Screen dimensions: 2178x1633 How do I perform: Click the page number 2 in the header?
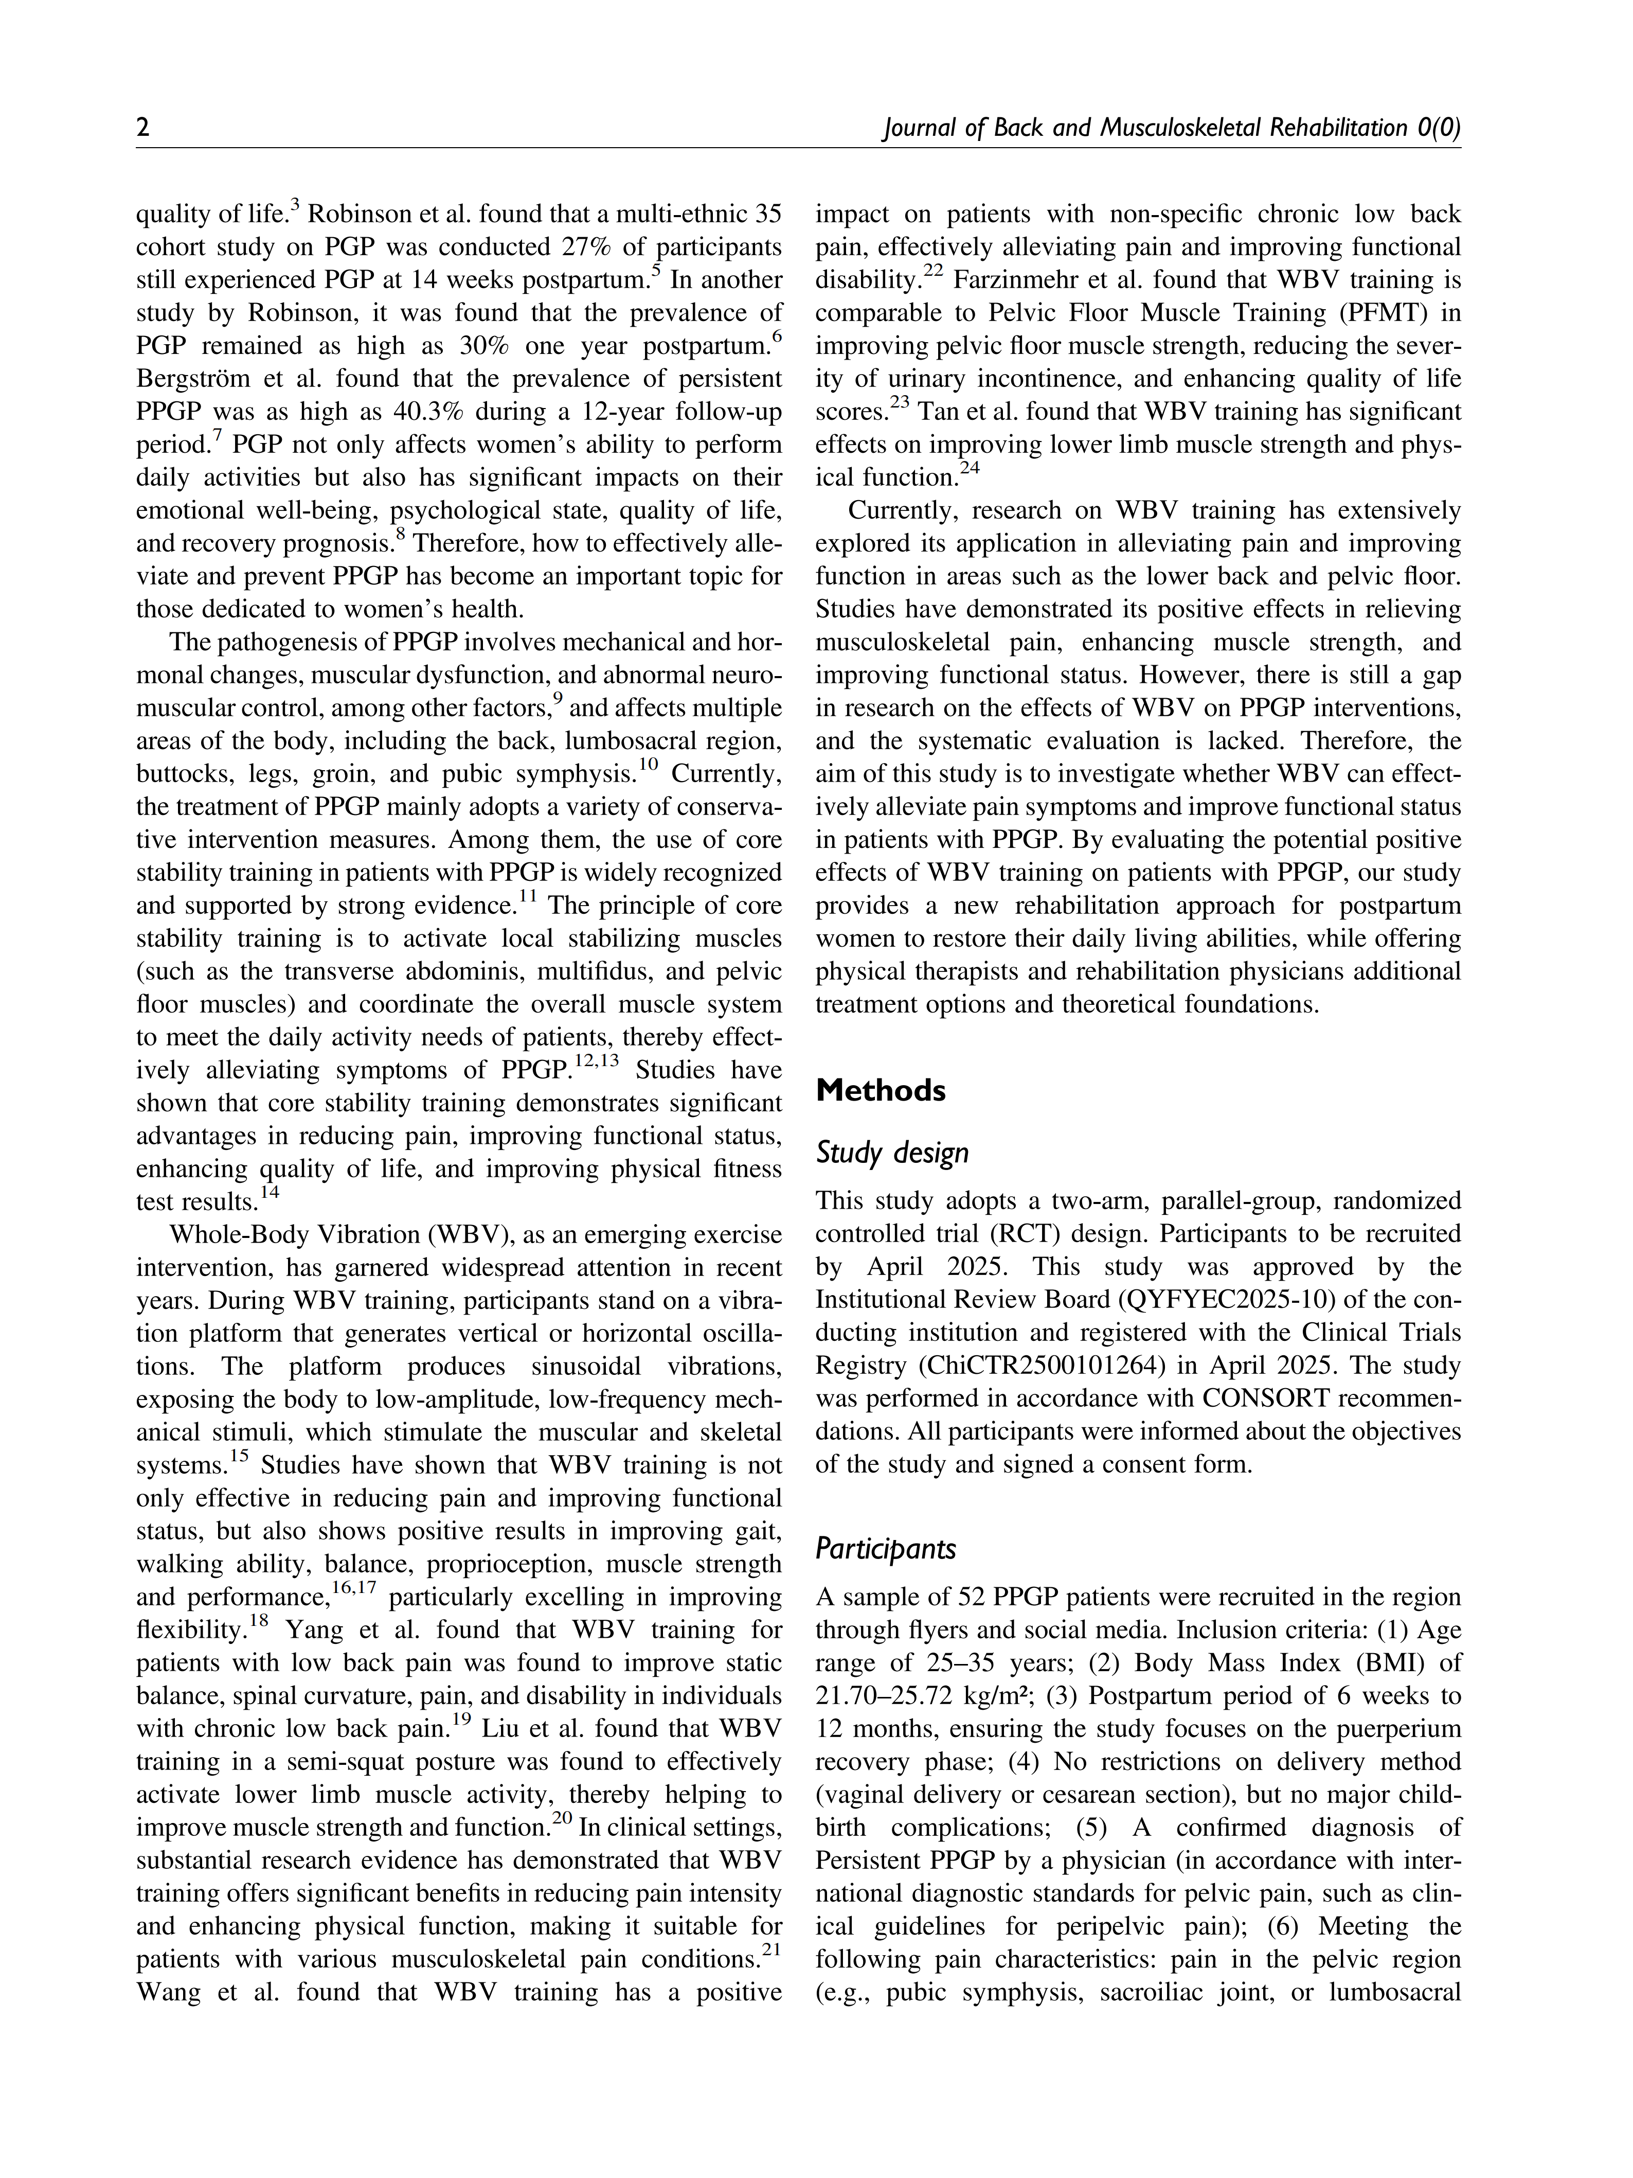click(143, 128)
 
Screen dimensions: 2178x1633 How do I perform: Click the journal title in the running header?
click(1171, 128)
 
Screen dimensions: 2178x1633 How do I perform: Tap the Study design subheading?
click(892, 1153)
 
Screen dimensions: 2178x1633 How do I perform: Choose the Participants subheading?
click(886, 1549)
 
